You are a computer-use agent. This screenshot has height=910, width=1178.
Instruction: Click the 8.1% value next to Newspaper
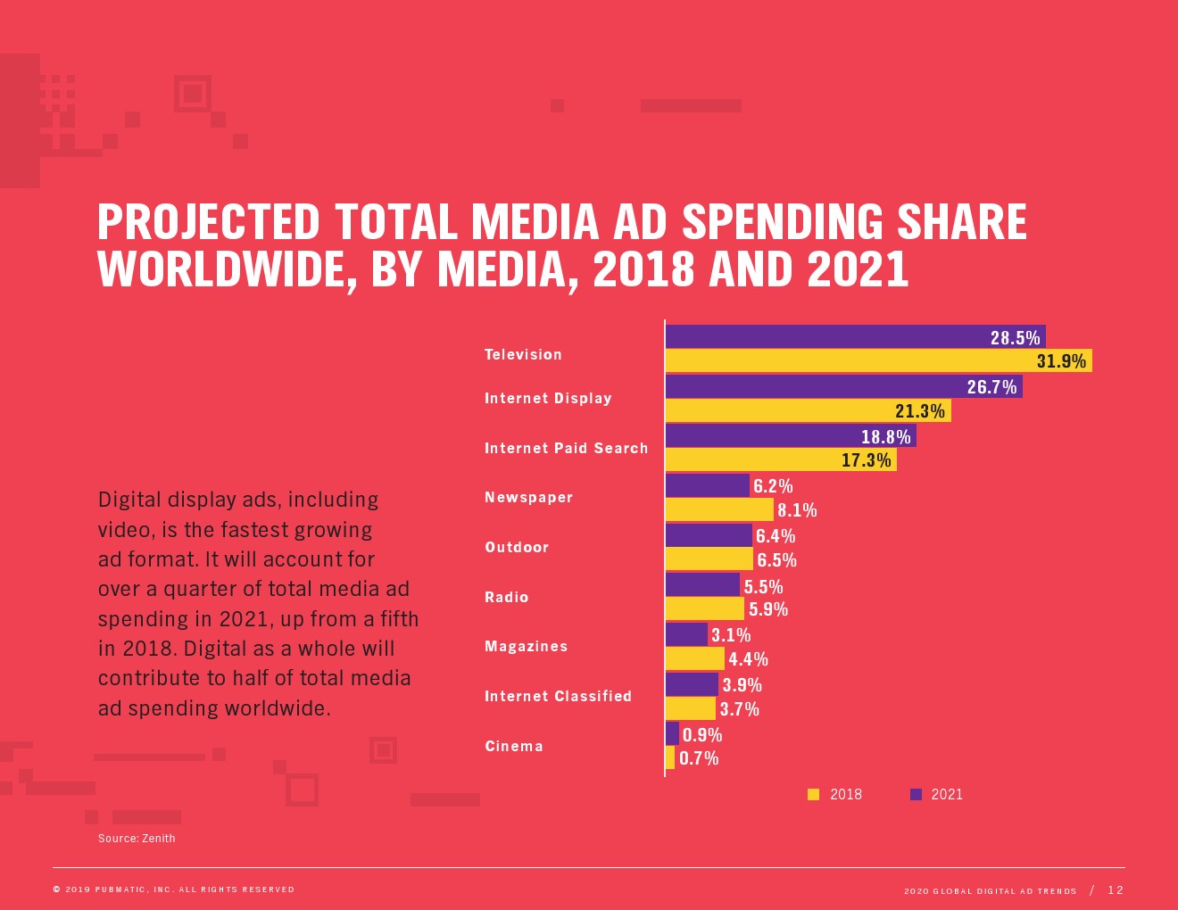coord(797,510)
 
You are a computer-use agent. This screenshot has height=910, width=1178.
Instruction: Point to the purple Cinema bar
coord(672,733)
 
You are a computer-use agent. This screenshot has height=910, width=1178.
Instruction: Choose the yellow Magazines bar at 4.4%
coord(694,658)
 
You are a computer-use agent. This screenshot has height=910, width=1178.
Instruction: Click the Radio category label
coord(507,597)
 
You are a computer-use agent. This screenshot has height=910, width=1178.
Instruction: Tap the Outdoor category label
coord(517,547)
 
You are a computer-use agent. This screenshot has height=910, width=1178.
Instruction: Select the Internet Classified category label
coord(558,696)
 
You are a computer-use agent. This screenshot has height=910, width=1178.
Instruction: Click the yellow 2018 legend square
coord(813,794)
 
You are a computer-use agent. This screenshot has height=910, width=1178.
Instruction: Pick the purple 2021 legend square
coord(916,794)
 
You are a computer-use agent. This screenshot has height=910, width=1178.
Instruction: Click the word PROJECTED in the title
coord(208,222)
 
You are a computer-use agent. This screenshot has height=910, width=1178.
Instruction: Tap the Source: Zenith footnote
coord(137,838)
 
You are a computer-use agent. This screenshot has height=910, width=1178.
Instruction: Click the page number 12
coord(1116,889)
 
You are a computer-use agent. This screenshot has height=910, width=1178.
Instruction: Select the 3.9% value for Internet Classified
coord(742,685)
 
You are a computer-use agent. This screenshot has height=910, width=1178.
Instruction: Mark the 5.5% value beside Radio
coord(763,586)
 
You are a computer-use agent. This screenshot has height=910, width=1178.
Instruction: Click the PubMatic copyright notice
coord(174,889)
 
